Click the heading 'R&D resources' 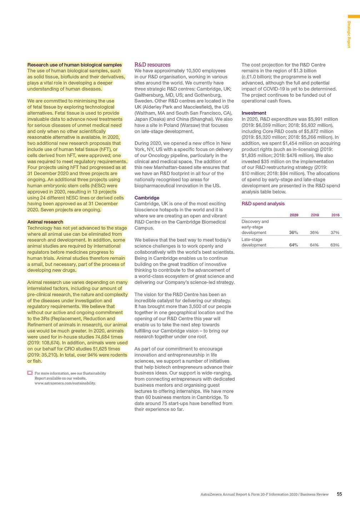click(152, 65)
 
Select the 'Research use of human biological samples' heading click(74, 65)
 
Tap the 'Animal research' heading click(45, 222)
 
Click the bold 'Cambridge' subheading click(147, 198)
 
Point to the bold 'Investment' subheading click(254, 113)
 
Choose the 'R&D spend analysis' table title click(263, 204)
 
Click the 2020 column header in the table click(294, 215)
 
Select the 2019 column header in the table click(314, 215)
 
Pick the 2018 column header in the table click(335, 215)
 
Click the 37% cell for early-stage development click(335, 233)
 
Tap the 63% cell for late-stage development click(335, 245)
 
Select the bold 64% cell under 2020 click(293, 245)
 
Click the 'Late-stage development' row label click(254, 242)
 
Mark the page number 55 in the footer click(339, 494)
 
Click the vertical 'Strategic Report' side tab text click(349, 34)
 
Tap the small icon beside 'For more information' click(30, 373)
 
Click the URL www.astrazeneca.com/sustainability click(65, 383)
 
